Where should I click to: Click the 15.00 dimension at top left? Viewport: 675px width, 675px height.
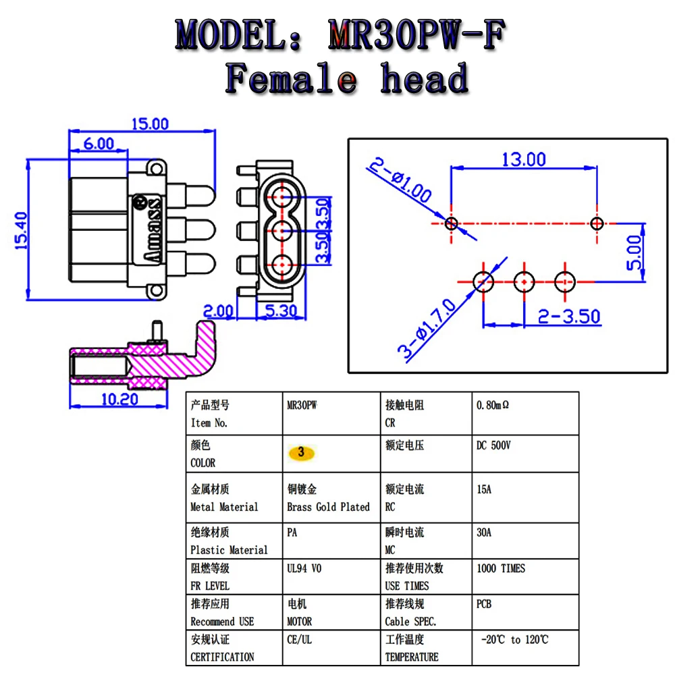[x=150, y=124]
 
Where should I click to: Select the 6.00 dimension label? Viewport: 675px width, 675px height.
[x=99, y=142]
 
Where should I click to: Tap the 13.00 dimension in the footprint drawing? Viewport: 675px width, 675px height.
[x=523, y=159]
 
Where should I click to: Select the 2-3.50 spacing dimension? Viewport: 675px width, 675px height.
[x=568, y=316]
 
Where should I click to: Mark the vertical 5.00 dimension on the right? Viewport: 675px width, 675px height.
[x=634, y=252]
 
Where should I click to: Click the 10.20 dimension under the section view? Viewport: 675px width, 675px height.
[x=119, y=399]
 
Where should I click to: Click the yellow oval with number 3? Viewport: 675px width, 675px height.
[x=302, y=453]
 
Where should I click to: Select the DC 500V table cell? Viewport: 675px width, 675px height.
[x=493, y=446]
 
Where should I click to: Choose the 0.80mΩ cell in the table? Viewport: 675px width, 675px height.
[x=493, y=406]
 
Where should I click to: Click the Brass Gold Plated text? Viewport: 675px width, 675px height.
[x=328, y=507]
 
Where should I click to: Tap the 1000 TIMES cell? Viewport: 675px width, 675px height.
[x=500, y=568]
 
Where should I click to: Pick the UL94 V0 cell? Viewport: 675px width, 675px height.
[x=304, y=568]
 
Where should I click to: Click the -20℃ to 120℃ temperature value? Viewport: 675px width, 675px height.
[x=514, y=639]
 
